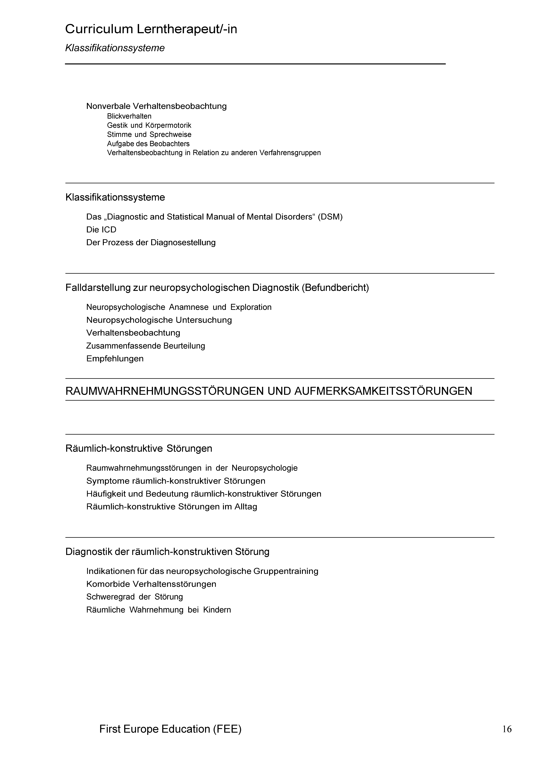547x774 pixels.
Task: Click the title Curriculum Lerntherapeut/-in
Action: [151, 29]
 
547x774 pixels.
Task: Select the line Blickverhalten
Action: [129, 116]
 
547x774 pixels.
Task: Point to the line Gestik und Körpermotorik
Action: [149, 125]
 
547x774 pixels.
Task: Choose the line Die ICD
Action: [101, 230]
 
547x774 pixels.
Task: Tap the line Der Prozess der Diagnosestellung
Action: [151, 242]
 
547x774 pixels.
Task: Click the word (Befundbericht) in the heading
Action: [335, 288]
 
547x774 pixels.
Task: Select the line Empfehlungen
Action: [115, 358]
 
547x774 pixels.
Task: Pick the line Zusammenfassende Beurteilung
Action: [146, 346]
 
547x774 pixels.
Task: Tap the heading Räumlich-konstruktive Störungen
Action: [139, 448]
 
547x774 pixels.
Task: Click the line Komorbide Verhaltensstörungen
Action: [151, 584]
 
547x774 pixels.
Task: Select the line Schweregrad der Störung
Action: [134, 597]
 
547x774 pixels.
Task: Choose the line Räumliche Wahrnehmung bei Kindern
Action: [158, 610]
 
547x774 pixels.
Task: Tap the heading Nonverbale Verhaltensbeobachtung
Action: [156, 106]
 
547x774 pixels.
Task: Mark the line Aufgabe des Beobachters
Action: [148, 144]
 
